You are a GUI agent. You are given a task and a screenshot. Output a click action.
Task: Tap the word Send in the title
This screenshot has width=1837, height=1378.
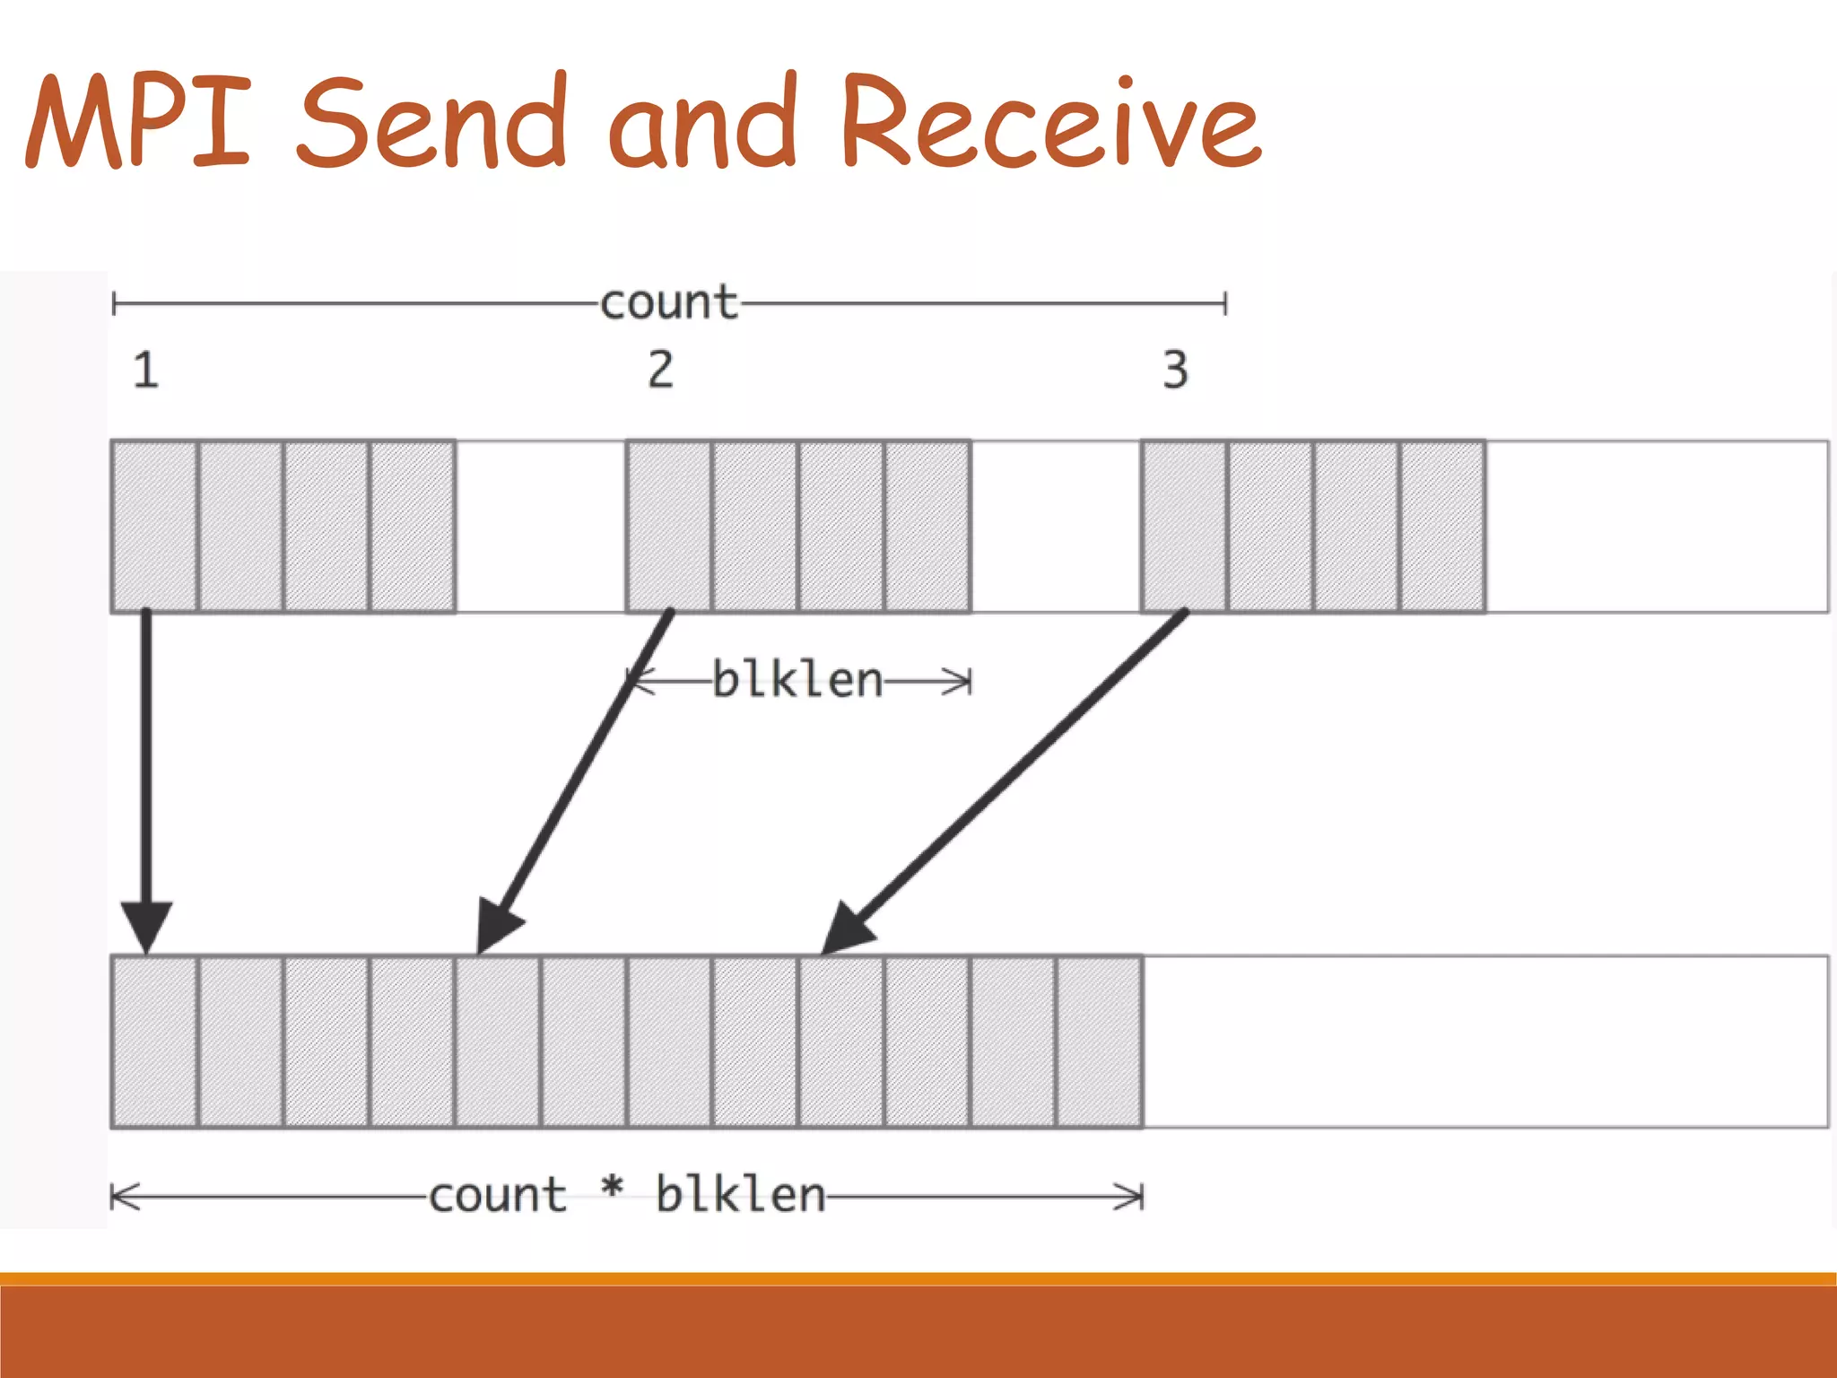point(431,121)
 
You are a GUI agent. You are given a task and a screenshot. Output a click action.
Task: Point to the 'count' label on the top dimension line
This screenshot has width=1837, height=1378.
point(668,303)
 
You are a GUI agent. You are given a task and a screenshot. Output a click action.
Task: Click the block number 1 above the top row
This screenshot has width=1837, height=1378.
point(146,370)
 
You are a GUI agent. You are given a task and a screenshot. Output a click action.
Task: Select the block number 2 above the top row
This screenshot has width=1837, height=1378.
point(661,370)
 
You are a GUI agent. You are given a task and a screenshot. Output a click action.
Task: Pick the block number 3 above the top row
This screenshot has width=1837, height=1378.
point(1175,370)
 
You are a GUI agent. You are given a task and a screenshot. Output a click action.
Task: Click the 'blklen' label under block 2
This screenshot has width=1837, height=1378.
point(797,680)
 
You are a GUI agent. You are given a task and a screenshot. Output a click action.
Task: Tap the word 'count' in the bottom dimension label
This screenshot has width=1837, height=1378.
point(498,1195)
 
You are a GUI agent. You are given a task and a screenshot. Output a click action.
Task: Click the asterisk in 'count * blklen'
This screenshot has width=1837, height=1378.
point(612,1190)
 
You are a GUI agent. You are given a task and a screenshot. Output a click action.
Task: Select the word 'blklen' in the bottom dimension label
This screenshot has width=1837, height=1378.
point(740,1195)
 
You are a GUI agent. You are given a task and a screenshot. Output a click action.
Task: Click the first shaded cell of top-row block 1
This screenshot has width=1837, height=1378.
point(154,526)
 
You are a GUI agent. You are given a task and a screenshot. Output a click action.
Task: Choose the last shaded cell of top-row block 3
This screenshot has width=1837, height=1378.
point(1441,526)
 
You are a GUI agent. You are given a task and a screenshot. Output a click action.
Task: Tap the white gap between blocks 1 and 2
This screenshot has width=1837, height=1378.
point(540,526)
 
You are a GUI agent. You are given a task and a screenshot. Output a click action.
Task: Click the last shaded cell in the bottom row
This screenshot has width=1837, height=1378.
point(1100,1042)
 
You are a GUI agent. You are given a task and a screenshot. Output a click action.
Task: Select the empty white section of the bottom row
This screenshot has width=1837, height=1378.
point(1484,1042)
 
